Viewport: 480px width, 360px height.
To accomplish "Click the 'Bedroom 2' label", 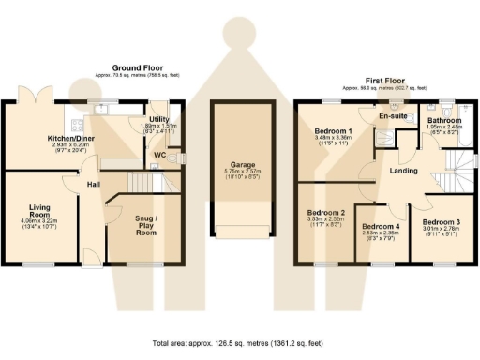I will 326,213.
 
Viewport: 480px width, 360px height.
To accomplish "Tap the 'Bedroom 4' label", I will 381,227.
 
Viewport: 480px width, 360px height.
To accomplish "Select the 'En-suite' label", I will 391,117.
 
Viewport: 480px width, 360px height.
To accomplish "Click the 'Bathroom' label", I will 443,121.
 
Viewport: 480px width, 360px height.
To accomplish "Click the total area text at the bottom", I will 240,343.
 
